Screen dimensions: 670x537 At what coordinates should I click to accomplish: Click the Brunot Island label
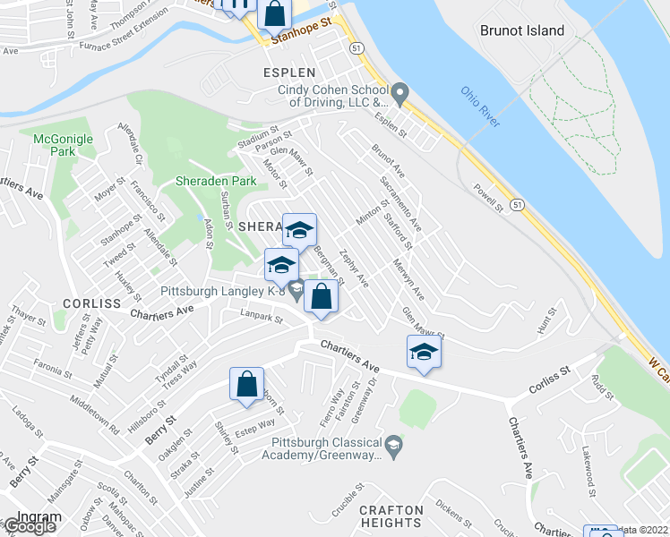coord(522,30)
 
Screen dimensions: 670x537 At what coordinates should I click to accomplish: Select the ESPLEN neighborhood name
coord(288,72)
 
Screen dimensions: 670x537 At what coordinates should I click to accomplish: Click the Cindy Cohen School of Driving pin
coord(399,91)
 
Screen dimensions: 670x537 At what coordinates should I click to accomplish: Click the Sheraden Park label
coord(216,181)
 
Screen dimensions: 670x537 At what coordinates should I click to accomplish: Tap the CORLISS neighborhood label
coord(92,303)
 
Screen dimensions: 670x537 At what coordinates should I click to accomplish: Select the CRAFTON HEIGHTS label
coord(390,516)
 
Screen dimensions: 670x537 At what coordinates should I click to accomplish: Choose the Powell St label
coord(489,197)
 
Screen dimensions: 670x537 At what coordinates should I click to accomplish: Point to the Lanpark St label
coord(262,314)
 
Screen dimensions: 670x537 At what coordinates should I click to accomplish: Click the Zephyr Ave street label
coord(355,268)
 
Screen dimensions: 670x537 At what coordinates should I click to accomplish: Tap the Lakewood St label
coord(588,466)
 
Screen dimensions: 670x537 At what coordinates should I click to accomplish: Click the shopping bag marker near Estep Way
coord(246,386)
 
